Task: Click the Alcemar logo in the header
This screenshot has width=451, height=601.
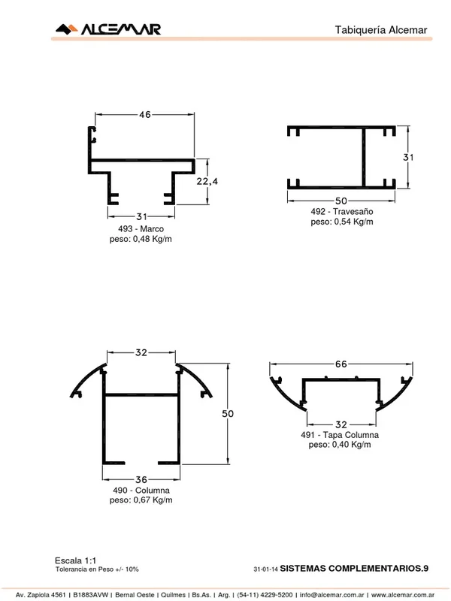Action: pyautogui.click(x=108, y=29)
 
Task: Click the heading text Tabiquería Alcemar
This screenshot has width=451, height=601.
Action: pyautogui.click(x=381, y=30)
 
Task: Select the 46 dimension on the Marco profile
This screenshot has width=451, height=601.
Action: pyautogui.click(x=145, y=115)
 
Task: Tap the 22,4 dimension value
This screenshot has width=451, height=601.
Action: pyautogui.click(x=207, y=181)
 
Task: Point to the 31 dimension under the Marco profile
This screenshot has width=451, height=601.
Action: pyautogui.click(x=141, y=216)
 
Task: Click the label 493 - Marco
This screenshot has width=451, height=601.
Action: pyautogui.click(x=141, y=229)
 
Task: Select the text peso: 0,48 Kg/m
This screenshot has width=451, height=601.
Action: pyautogui.click(x=141, y=239)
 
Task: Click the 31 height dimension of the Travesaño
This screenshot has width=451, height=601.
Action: pyautogui.click(x=408, y=157)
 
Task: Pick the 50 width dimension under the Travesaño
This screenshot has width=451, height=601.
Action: pyautogui.click(x=341, y=201)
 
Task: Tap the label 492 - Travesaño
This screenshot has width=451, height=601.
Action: pyautogui.click(x=342, y=212)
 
